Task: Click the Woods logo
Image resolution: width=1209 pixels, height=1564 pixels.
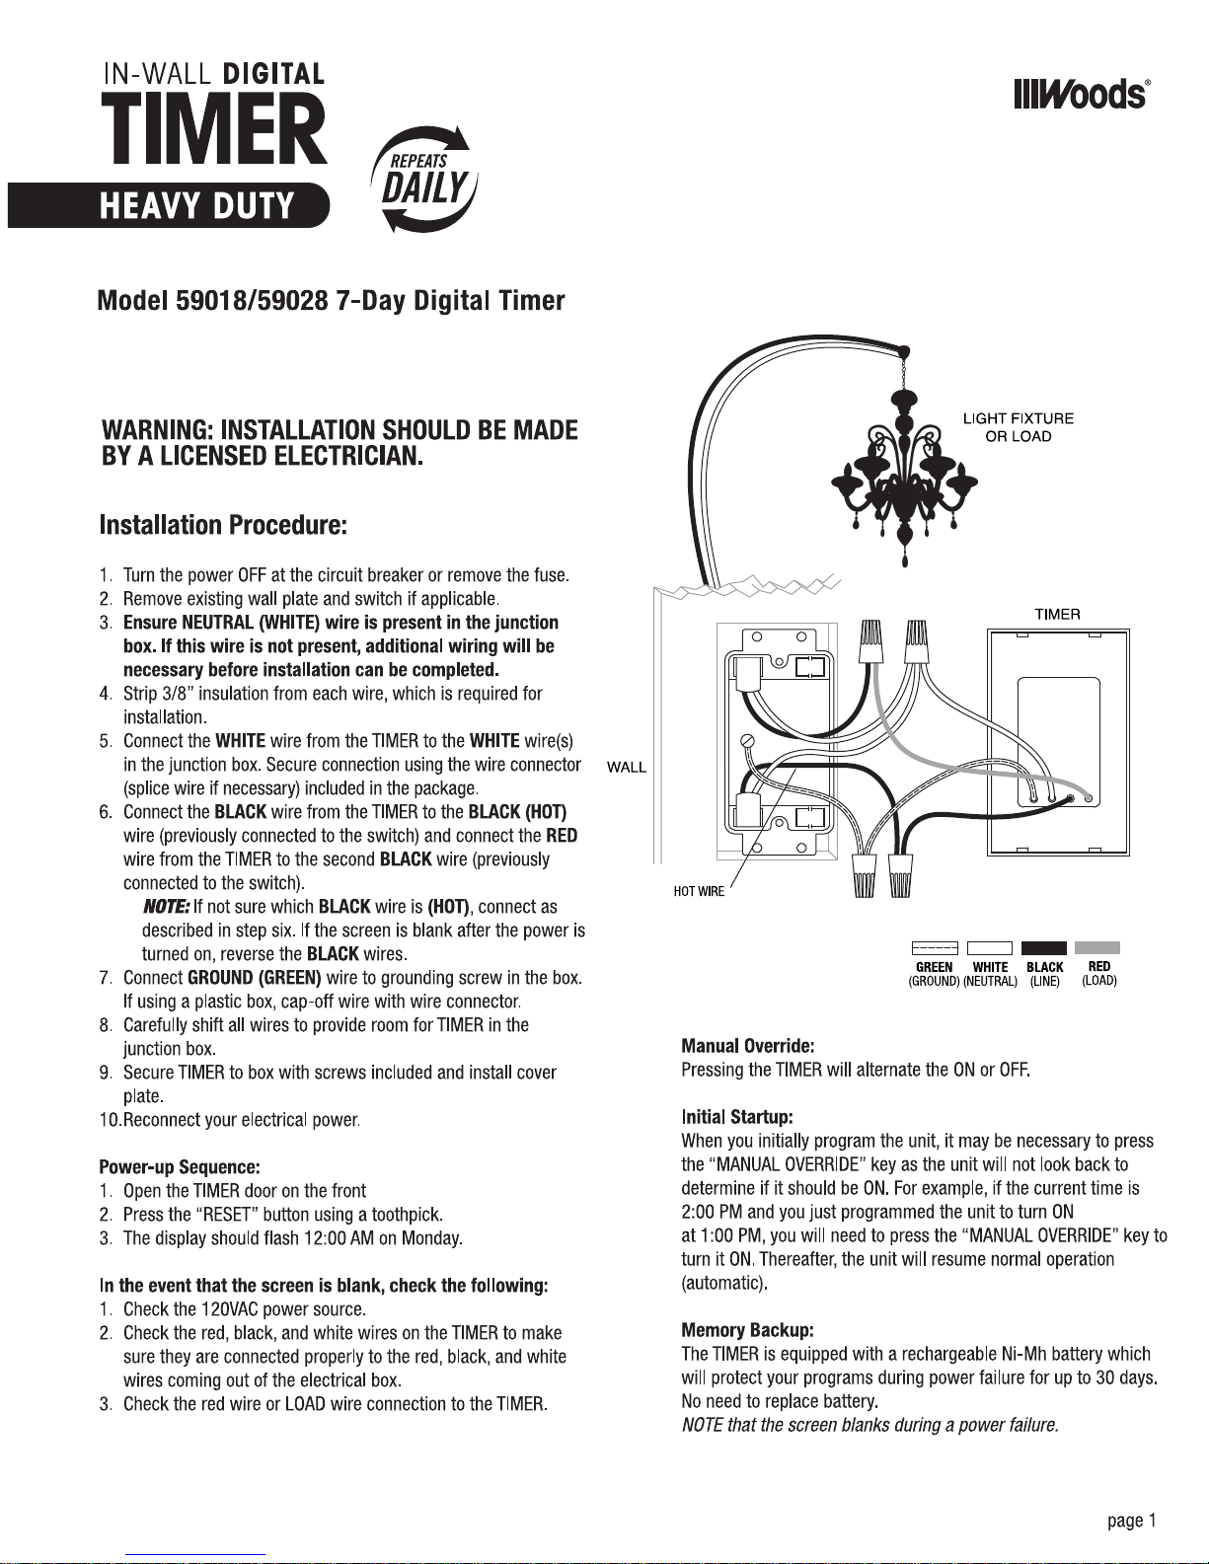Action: coord(1081,94)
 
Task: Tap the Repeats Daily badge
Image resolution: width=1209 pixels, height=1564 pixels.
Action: coord(424,179)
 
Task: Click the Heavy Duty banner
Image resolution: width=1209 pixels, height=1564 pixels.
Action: coord(168,205)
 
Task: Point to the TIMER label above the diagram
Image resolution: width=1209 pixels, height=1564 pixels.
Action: coord(1057,614)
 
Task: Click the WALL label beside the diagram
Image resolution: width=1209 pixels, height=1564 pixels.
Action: coord(627,768)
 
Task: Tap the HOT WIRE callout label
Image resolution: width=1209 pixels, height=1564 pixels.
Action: coord(699,892)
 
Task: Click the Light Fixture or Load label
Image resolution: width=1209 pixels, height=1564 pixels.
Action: coord(1019,427)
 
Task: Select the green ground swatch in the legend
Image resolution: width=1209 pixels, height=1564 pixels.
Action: coord(934,948)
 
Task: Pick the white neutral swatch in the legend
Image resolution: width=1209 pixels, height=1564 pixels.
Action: coord(990,948)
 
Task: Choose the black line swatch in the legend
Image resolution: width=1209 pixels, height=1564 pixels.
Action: coord(1044,948)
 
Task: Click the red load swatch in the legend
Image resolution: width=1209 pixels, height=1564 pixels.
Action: coord(1097,948)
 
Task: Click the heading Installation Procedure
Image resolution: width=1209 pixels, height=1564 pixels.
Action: coord(223,525)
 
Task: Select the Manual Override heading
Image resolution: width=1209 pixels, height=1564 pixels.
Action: coord(747,1046)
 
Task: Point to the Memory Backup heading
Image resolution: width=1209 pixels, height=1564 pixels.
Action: coord(747,1330)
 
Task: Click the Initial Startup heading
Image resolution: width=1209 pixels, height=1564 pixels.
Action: coord(737,1117)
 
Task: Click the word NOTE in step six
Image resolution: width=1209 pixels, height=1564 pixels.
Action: coord(166,907)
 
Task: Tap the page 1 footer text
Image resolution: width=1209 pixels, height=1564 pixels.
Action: coord(1131,1521)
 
